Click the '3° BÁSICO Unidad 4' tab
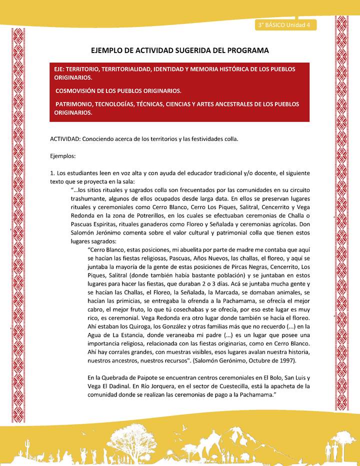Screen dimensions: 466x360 [283, 25]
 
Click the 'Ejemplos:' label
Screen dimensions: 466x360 [63, 155]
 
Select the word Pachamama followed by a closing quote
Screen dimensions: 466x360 [259, 394]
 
